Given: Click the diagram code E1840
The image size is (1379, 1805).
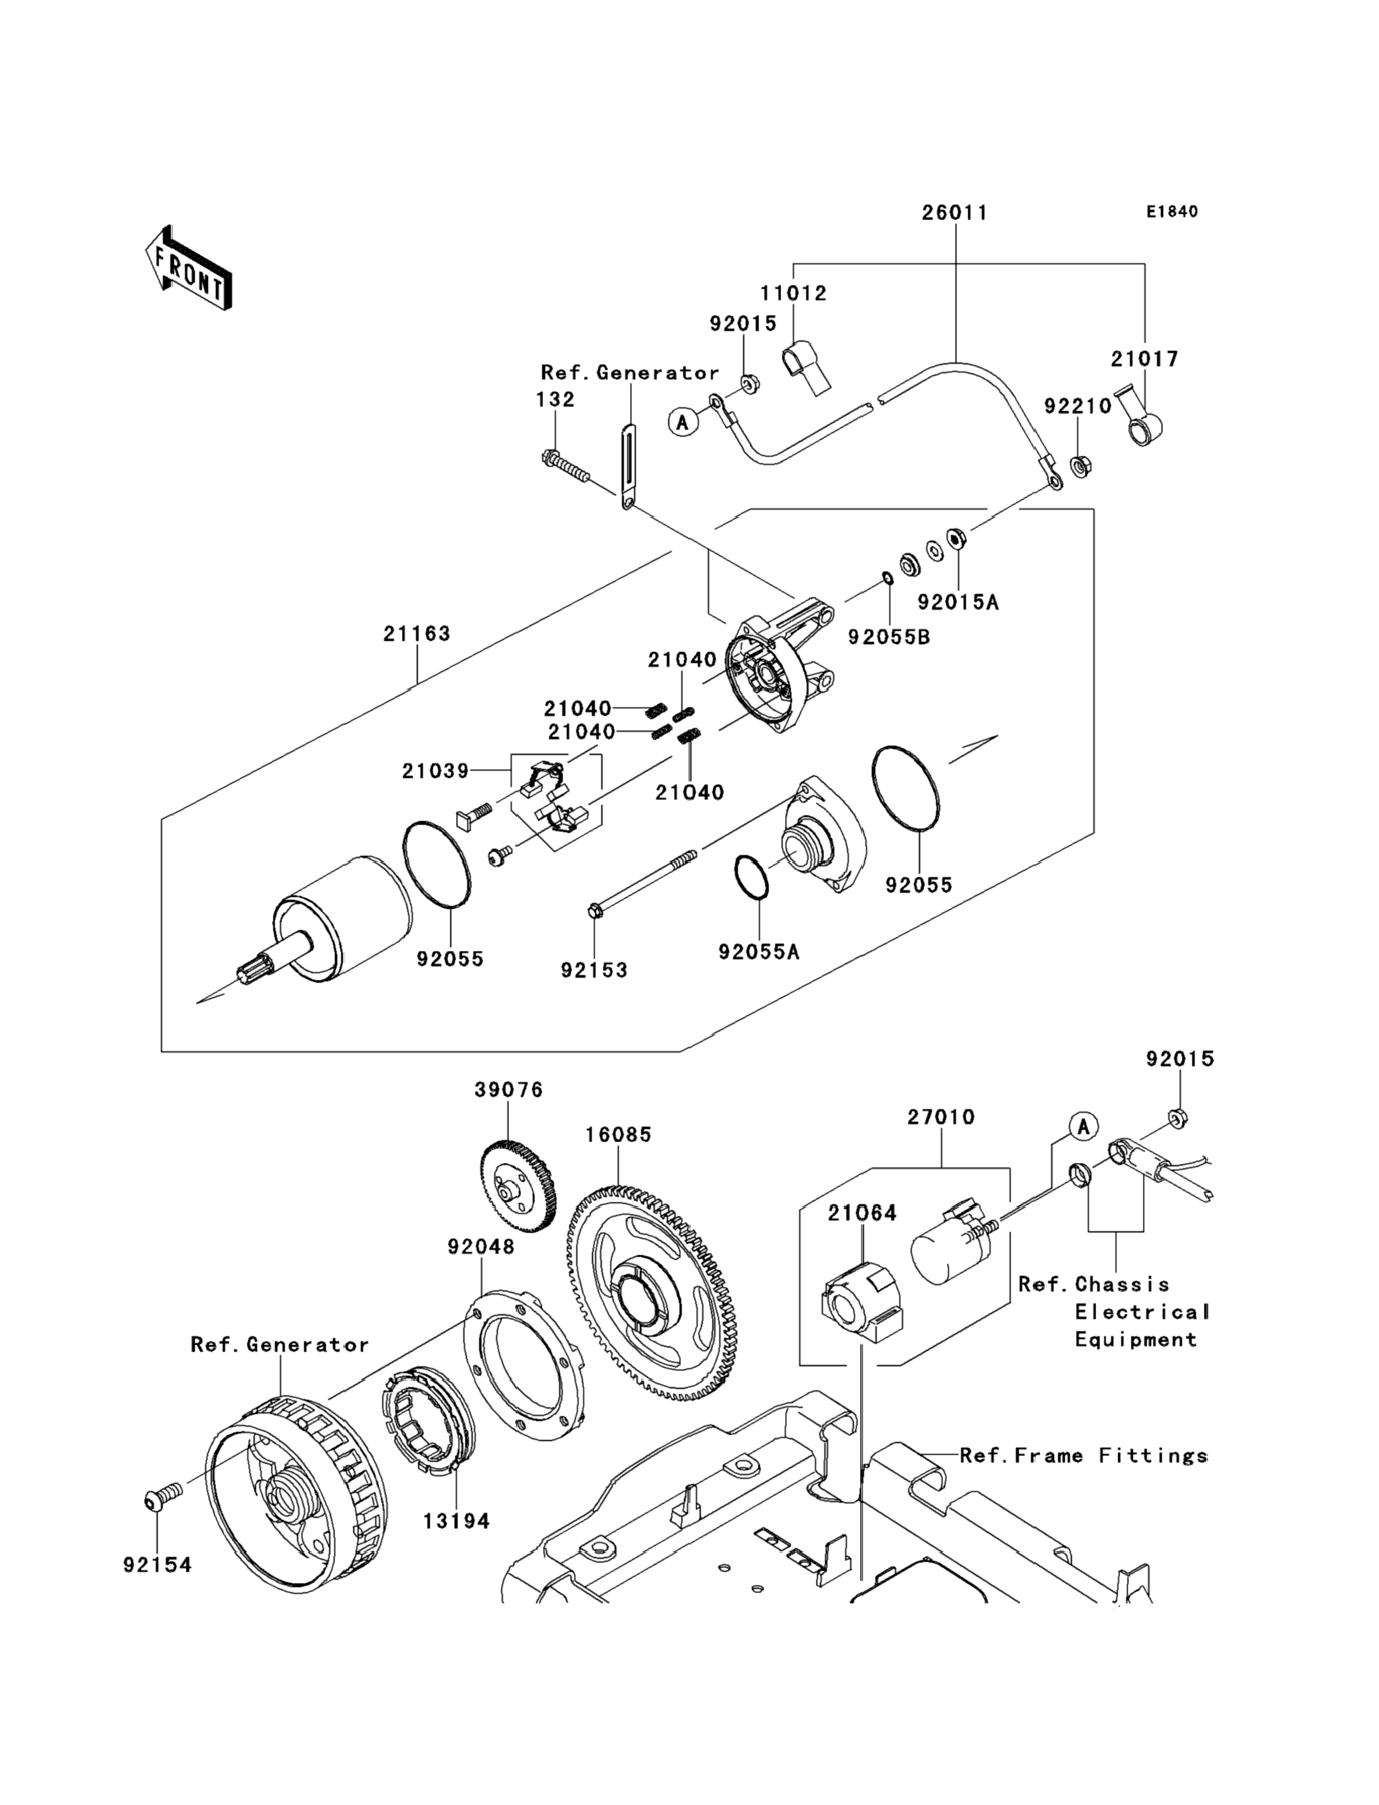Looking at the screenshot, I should [1172, 212].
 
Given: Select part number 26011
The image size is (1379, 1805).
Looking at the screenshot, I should [954, 213].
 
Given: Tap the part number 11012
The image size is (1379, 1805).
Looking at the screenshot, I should [793, 293].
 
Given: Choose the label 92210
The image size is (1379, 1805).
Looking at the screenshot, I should [1078, 407].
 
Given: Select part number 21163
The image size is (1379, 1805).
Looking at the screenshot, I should [417, 634].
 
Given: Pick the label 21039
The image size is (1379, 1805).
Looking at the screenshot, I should [435, 771].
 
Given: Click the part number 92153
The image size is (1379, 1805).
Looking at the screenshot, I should [595, 970].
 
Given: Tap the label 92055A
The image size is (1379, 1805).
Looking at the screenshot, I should [758, 952].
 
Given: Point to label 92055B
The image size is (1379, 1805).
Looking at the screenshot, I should [889, 637].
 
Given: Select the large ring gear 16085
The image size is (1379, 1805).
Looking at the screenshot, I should [650, 1296].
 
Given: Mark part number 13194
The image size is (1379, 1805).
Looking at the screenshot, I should [456, 1521].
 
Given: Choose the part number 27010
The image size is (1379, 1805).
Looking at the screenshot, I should [941, 1117].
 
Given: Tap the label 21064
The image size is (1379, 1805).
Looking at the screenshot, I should [862, 1212].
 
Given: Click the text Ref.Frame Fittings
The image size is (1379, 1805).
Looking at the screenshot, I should [1083, 1455].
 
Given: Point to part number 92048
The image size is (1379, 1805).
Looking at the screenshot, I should [481, 1247].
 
